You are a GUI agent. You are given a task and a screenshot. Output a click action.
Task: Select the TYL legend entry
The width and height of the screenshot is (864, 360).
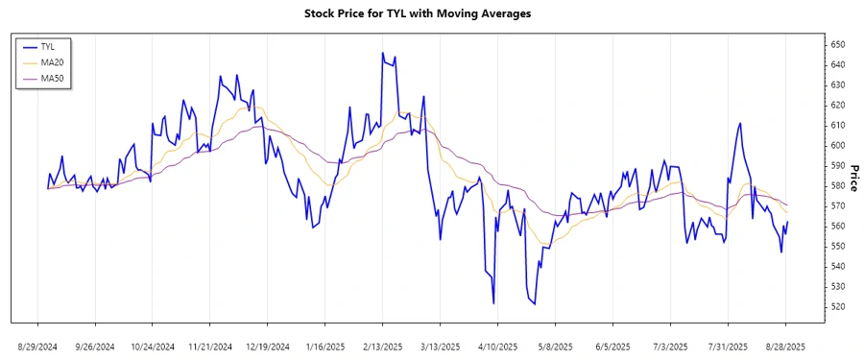point(48,46)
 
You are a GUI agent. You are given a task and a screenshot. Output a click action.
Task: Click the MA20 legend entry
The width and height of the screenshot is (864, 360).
point(50,62)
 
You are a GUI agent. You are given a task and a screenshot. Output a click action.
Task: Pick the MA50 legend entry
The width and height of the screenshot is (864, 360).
point(50,78)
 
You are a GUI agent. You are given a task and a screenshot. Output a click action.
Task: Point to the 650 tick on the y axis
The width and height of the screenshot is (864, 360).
point(838,44)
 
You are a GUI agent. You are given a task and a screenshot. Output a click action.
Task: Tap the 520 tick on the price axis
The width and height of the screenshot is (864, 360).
point(838,306)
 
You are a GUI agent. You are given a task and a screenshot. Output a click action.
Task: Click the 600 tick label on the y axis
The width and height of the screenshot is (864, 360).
point(838,145)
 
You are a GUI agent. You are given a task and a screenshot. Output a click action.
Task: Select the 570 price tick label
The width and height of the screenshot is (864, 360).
point(838,205)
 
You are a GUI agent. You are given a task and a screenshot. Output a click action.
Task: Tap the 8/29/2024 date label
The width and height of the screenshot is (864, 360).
point(37,346)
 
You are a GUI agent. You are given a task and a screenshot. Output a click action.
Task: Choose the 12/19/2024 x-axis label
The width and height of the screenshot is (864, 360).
point(268,346)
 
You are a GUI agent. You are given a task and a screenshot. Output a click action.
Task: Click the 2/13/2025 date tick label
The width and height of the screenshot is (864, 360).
point(383,346)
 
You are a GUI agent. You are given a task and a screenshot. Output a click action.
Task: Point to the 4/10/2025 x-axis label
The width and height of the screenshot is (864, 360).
point(498,346)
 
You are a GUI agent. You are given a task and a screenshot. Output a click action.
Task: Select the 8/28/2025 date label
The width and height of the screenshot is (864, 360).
point(786,346)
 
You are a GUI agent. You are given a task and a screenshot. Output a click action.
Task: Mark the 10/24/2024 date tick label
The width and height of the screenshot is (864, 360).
point(153,346)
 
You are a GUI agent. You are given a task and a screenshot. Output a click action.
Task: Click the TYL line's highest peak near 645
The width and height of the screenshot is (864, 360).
point(382,53)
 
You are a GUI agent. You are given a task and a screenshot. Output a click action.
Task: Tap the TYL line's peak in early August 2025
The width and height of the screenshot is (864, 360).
point(740,123)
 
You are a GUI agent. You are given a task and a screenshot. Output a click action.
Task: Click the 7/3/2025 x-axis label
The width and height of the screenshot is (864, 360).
point(671,346)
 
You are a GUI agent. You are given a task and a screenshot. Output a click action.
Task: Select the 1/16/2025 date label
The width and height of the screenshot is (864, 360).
point(325,346)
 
